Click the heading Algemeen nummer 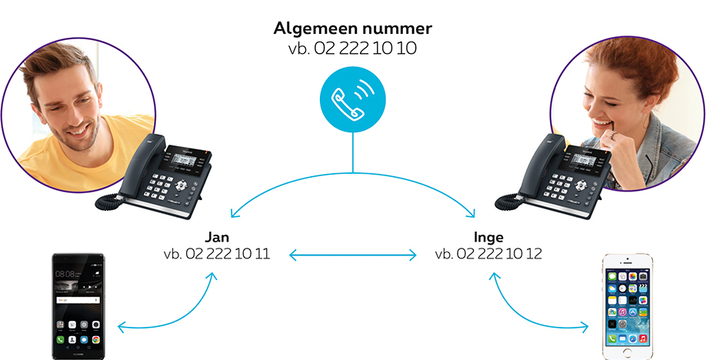point(353,29)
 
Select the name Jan point(216,236)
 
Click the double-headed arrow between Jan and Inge point(352,254)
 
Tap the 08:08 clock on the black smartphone point(66,274)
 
